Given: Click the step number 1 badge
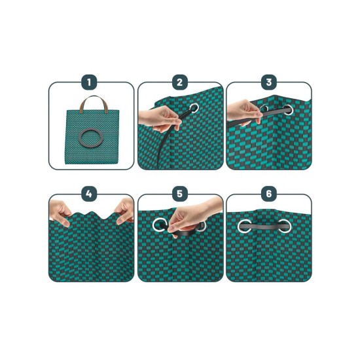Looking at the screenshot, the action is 89,82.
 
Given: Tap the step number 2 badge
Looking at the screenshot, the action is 180,82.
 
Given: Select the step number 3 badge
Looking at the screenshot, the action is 269,82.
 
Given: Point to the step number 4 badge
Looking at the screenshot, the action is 89,194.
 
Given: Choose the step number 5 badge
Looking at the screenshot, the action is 180,194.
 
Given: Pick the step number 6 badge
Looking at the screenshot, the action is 269,194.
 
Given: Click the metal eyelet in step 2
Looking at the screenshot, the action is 194,108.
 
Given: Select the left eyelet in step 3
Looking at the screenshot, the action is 264,108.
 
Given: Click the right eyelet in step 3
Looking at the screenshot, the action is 288,109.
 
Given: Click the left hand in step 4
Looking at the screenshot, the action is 60,212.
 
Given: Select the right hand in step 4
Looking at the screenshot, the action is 124,211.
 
